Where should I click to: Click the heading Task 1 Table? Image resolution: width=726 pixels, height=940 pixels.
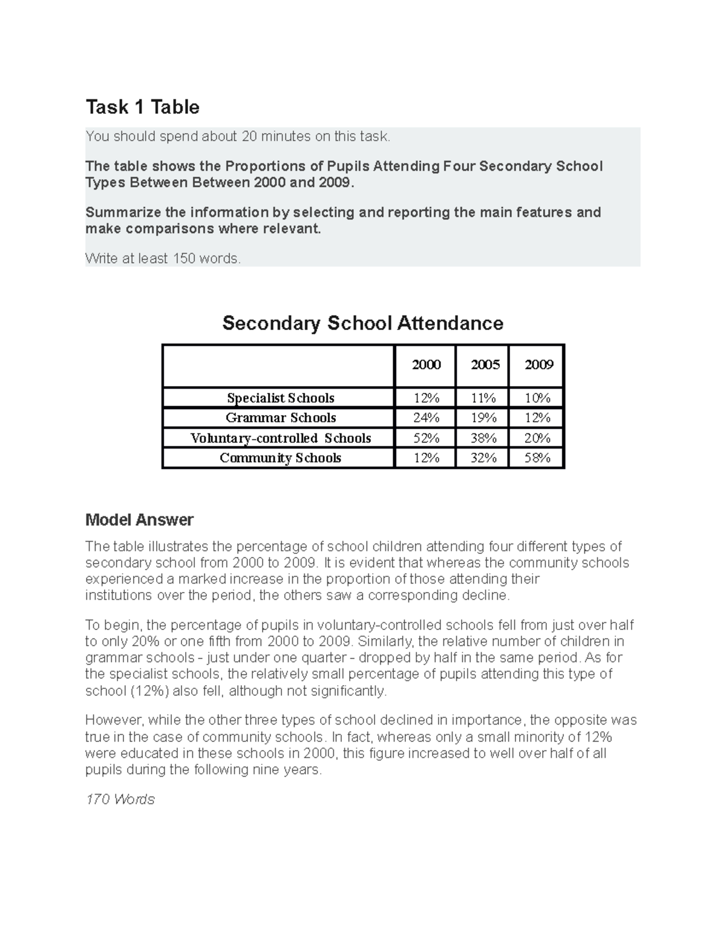tap(142, 107)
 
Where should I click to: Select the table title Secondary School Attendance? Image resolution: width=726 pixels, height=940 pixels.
tap(362, 323)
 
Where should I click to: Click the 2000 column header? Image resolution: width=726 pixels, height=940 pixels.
tap(426, 364)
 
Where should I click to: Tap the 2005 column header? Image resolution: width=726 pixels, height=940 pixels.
tap(485, 364)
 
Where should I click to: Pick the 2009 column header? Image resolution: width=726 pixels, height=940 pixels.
tap(538, 364)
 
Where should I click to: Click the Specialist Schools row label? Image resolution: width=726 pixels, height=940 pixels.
tap(280, 398)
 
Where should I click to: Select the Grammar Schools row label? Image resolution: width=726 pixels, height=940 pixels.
tap(280, 418)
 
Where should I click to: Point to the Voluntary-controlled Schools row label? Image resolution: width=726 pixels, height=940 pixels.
tap(280, 438)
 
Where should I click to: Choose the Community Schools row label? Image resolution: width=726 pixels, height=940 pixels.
tap(280, 458)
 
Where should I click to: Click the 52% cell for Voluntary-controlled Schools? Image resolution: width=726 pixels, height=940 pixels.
tap(426, 438)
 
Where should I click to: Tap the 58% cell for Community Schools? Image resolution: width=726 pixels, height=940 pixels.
tap(537, 458)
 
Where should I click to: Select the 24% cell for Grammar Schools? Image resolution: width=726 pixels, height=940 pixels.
tap(426, 418)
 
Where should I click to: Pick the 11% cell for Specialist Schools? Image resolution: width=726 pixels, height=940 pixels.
tap(483, 398)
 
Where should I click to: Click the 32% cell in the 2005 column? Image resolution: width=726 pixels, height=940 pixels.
tap(483, 458)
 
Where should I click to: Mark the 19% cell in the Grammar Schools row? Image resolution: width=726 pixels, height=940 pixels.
tap(483, 418)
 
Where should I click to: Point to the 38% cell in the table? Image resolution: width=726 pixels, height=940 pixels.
tap(483, 438)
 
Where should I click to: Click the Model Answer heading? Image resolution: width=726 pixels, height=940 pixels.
tap(139, 519)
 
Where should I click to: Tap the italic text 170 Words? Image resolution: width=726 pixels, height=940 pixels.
tap(120, 799)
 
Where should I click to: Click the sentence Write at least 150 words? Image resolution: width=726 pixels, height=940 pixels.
tap(163, 258)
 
